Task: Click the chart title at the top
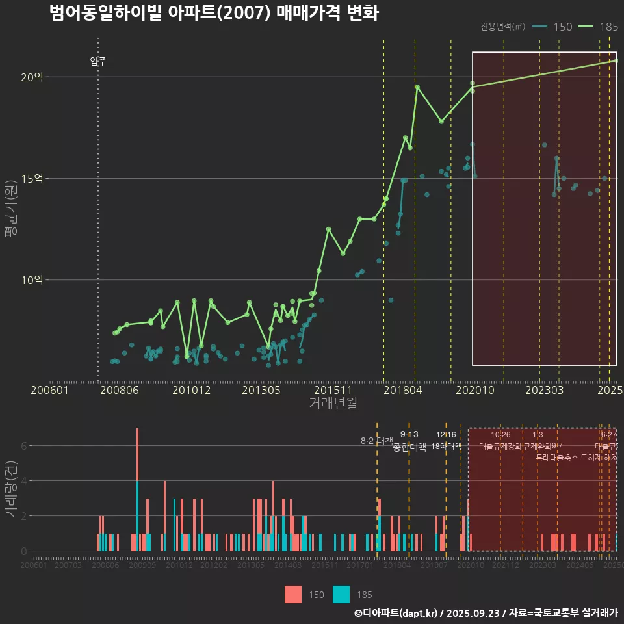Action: click(214, 13)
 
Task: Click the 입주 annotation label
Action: click(98, 62)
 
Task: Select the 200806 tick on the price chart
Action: click(118, 391)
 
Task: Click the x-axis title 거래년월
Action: click(333, 404)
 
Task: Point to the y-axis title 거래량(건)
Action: click(11, 489)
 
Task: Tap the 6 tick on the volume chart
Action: click(23, 446)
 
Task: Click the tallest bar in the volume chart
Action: click(137, 489)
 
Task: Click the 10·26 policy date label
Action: click(500, 435)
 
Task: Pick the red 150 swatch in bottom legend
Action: click(293, 594)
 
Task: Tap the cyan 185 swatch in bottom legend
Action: click(341, 594)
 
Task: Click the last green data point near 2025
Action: click(616, 60)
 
